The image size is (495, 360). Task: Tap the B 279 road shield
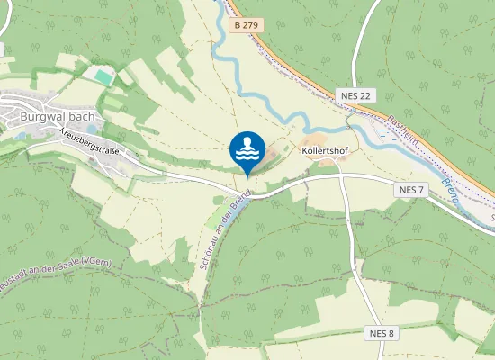(x=245, y=26)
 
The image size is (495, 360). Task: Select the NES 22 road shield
(x=356, y=95)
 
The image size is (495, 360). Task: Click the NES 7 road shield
(x=409, y=190)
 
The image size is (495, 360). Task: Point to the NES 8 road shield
(x=382, y=333)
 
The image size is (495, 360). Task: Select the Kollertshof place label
(x=326, y=151)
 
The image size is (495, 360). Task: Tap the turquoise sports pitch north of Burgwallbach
(x=105, y=78)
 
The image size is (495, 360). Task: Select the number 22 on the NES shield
(x=364, y=95)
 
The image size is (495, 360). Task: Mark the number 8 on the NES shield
(x=392, y=333)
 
